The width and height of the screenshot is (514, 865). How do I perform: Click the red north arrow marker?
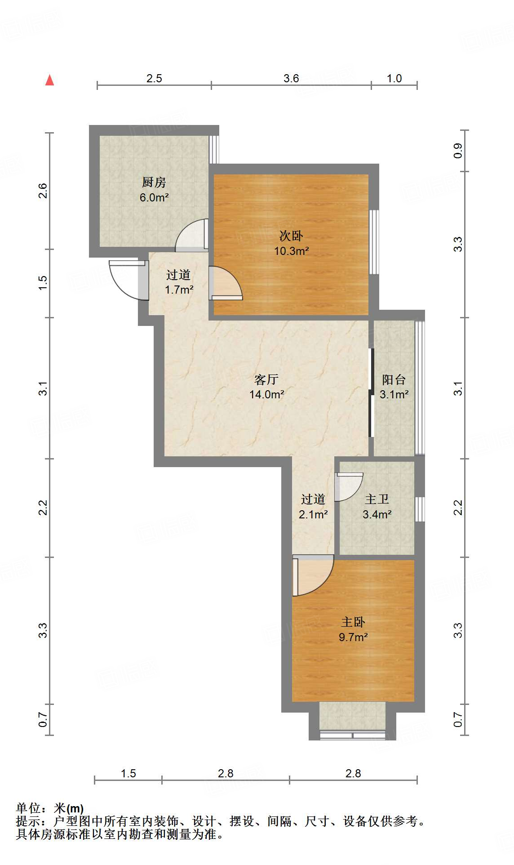point(49,80)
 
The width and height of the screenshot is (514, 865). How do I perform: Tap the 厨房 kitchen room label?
point(154,182)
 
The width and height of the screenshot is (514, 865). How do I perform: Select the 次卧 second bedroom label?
point(291,236)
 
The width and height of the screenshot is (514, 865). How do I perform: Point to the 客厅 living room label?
point(266,379)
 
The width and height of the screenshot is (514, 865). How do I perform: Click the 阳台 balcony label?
point(394,379)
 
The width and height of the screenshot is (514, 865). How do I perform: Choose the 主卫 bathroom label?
point(377,499)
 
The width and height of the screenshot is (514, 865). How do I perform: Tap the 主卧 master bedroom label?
point(353,622)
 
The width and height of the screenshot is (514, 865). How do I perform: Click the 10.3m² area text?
point(292,251)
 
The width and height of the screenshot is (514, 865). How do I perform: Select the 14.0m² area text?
point(267,394)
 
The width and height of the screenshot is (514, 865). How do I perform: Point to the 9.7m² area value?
point(353,637)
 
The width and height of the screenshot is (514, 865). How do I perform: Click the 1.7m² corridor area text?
point(179,290)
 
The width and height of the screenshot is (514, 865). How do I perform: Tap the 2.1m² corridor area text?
point(313,514)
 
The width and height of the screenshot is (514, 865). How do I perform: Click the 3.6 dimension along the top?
point(291,78)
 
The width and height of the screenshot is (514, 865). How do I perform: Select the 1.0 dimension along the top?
point(394,78)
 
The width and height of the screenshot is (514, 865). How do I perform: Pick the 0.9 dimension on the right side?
point(458,151)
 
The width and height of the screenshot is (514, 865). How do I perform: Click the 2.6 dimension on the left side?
point(43,191)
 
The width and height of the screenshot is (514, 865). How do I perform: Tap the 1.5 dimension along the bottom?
point(128,773)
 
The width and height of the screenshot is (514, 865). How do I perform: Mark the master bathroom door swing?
point(350,487)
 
